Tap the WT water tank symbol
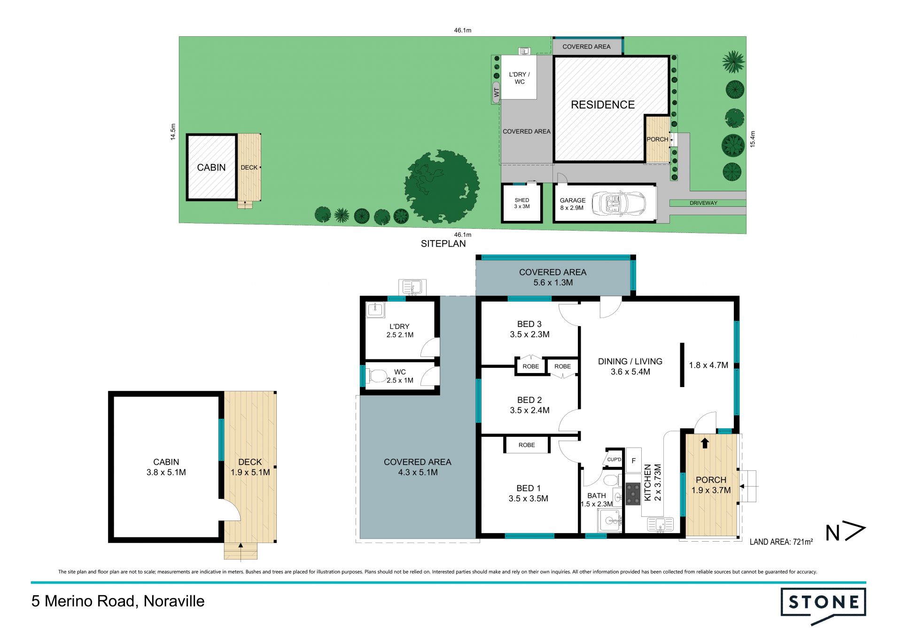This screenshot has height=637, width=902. [496, 93]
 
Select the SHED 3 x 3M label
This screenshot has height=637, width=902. [521, 203]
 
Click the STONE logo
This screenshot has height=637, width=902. [823, 606]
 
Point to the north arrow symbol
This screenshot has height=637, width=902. [846, 532]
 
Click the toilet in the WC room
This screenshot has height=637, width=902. [376, 376]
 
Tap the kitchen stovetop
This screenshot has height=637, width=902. [633, 494]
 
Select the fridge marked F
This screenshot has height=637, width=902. [633, 460]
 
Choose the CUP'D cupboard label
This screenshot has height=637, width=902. [614, 459]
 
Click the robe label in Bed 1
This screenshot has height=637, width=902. [527, 445]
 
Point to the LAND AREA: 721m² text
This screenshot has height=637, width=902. [781, 542]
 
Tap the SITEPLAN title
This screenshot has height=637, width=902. [443, 243]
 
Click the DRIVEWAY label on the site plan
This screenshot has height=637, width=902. [703, 203]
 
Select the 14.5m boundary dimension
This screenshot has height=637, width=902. [173, 132]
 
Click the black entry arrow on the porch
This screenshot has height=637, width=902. [705, 443]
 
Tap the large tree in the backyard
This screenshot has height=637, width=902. [442, 186]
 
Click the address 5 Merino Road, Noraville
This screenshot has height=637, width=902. [118, 601]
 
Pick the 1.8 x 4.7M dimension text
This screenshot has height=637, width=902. [708, 365]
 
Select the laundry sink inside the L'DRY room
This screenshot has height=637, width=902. [375, 310]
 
